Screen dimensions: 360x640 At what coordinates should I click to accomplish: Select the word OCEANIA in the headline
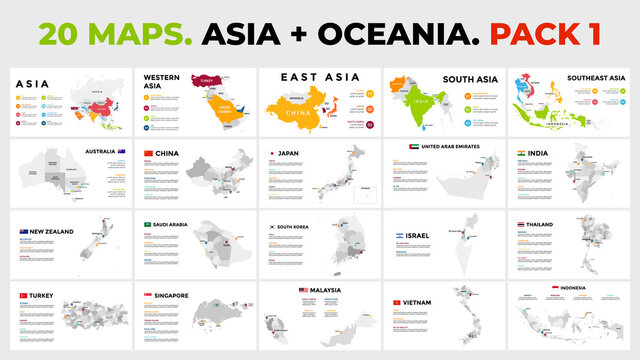pyautogui.click(x=383, y=34)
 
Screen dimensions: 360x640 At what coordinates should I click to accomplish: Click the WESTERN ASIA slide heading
pyautogui.click(x=161, y=81)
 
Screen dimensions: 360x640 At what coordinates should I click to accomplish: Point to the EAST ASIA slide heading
pyautogui.click(x=306, y=76)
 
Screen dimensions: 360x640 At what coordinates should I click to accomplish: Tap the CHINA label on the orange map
pyautogui.click(x=300, y=113)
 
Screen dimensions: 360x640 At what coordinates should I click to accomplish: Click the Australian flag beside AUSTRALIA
pyautogui.click(x=121, y=152)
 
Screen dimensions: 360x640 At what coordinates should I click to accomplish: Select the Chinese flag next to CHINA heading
pyautogui.click(x=150, y=153)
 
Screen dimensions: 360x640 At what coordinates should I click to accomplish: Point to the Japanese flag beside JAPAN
pyautogui.click(x=271, y=153)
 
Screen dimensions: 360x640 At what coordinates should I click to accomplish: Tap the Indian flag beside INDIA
pyautogui.click(x=522, y=153)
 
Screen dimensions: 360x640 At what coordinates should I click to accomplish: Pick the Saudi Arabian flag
pyautogui.click(x=148, y=225)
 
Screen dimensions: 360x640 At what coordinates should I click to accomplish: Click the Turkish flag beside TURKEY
pyautogui.click(x=22, y=297)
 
